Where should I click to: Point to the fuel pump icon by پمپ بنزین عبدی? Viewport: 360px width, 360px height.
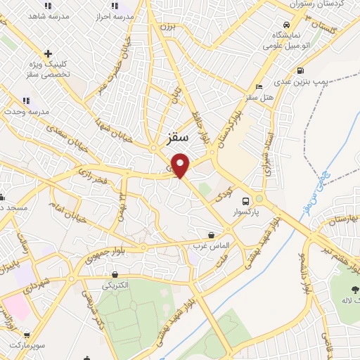(x=301, y=70)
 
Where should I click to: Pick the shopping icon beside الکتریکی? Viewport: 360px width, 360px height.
(x=114, y=274)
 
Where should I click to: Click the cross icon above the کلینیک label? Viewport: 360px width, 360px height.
(x=47, y=53)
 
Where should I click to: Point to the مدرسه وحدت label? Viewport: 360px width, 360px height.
(x=23, y=112)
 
